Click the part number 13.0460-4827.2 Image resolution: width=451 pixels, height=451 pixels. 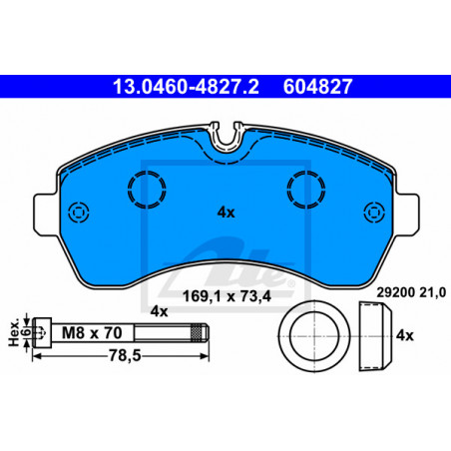[186, 87]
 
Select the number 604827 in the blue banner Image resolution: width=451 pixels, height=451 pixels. [317, 87]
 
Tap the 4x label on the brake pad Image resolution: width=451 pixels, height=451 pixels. [226, 213]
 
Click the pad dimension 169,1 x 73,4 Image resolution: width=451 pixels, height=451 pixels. [227, 296]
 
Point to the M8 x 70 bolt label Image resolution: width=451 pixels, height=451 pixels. [92, 333]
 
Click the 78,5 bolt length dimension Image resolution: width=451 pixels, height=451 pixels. [125, 356]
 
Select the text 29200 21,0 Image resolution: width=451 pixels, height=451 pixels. [411, 292]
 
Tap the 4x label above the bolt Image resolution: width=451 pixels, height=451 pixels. [159, 311]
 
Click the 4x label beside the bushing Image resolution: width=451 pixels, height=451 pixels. [405, 335]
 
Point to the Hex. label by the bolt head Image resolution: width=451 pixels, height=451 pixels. [14, 334]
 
